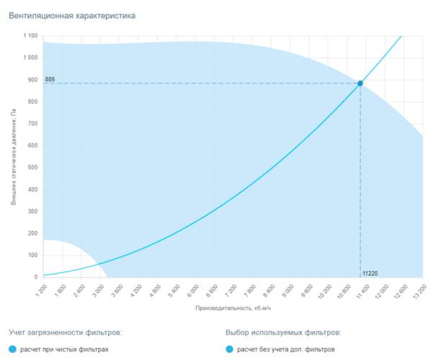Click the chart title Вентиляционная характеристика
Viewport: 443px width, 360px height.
coord(71,15)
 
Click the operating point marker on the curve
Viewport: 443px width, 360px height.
coord(360,84)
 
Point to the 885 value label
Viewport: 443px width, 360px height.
coord(50,79)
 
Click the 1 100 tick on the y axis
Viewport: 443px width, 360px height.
coord(30,36)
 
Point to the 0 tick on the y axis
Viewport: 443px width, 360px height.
coord(36,277)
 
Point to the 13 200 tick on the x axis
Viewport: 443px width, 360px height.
coord(416,289)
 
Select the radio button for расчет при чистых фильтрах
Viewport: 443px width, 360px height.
coord(13,350)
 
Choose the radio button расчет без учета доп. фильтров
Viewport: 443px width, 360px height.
coord(230,350)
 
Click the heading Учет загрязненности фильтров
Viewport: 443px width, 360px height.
coord(66,333)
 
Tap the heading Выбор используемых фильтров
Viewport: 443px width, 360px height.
coord(283,333)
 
